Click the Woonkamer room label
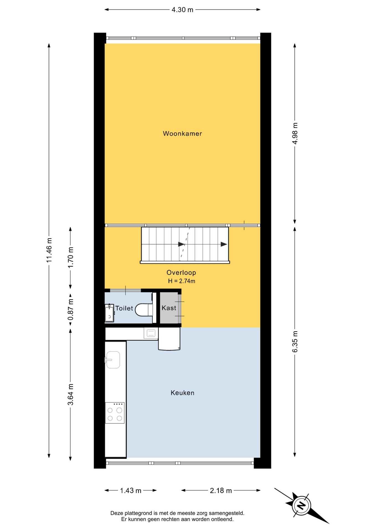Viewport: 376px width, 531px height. point(182,134)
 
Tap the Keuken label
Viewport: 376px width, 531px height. point(182,393)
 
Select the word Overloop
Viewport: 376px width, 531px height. point(181,273)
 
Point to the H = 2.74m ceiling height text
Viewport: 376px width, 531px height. point(182,281)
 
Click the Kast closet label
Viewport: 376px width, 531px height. point(169,308)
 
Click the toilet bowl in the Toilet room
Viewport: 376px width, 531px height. point(144,310)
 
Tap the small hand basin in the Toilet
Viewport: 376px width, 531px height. point(109,313)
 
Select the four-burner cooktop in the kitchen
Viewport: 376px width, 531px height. point(115,413)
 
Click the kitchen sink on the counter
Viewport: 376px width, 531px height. point(113,360)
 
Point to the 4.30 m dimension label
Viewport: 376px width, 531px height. point(182,10)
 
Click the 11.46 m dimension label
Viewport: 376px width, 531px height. point(49,250)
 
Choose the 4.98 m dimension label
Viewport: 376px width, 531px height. point(295,133)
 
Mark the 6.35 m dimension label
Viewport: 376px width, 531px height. point(295,342)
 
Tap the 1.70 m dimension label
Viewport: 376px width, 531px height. point(71,257)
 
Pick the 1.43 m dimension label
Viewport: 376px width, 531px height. point(131,491)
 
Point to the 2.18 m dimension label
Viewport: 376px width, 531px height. point(221,491)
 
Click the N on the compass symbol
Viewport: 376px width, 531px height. point(301,505)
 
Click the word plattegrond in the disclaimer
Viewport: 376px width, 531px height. point(139,513)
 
